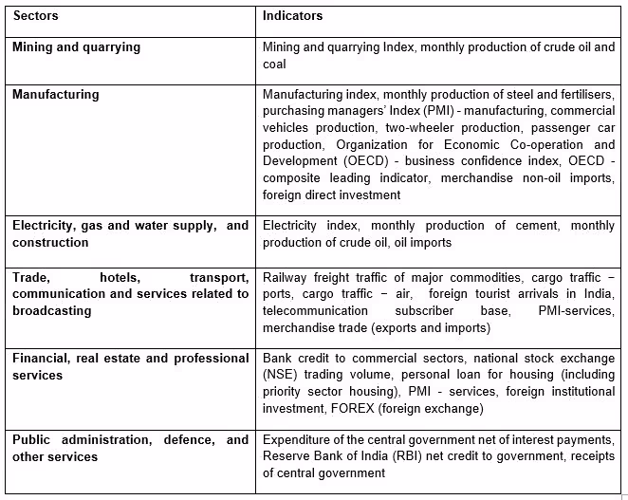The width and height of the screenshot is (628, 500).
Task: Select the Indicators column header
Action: tap(293, 16)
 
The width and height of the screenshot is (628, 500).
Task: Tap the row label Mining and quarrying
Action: tap(76, 46)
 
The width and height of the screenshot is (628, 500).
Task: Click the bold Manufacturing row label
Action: tap(56, 95)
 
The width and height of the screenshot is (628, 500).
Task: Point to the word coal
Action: tap(274, 64)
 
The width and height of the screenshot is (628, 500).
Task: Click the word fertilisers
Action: tap(582, 95)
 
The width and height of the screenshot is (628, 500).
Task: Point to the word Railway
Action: tap(286, 277)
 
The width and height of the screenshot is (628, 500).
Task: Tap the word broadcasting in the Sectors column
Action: tap(51, 310)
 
